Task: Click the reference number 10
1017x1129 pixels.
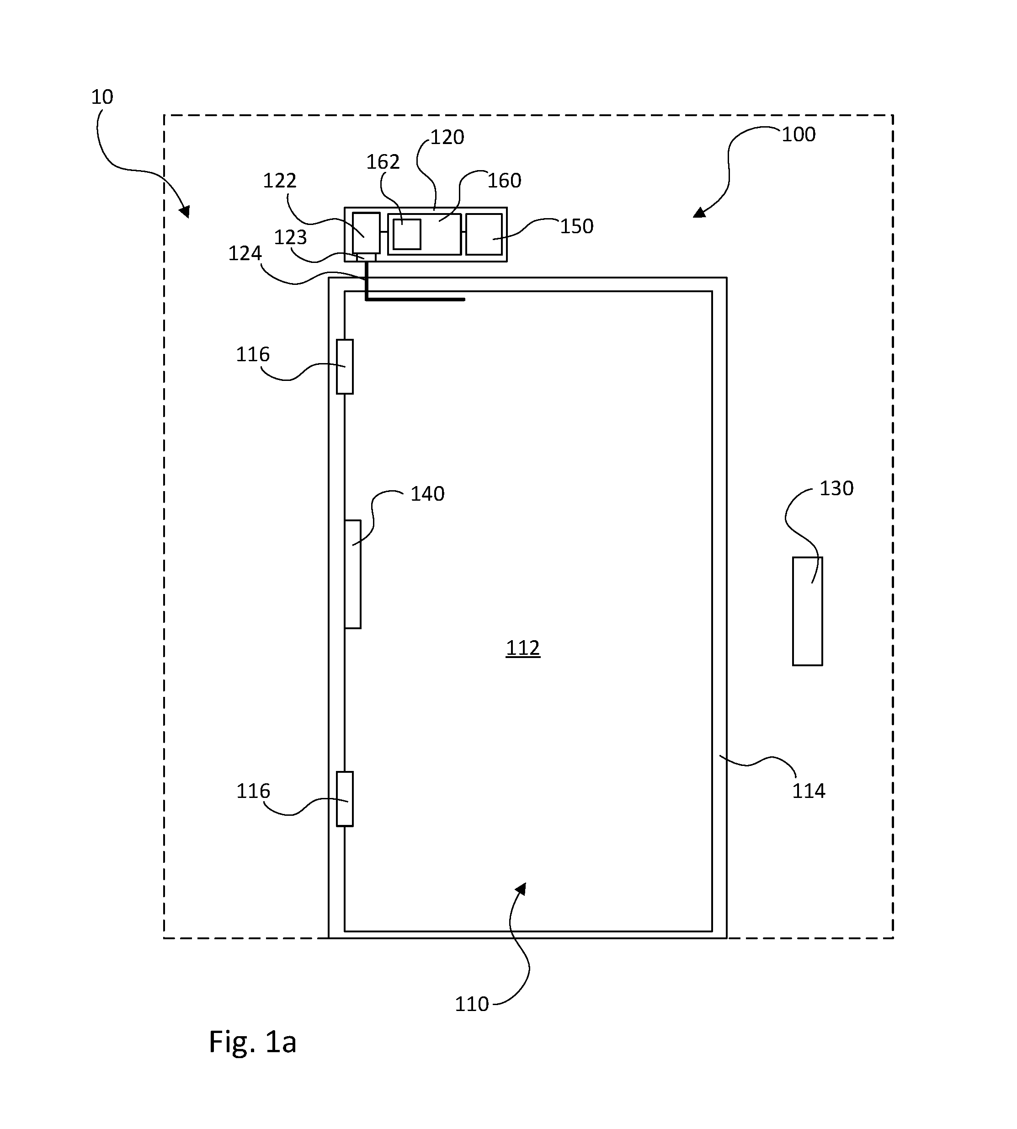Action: pos(102,97)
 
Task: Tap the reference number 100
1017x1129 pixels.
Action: pos(798,135)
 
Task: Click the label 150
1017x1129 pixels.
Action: pos(577,226)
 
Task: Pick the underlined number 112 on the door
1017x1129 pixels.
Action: pos(523,648)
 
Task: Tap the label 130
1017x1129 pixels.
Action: pos(836,488)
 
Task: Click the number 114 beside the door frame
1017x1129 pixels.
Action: pos(809,791)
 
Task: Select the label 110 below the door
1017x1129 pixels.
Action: pos(472,1004)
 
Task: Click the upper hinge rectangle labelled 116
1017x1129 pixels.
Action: pos(345,367)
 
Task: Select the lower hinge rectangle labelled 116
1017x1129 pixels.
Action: pos(345,799)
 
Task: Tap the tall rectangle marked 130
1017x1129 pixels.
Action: pos(808,611)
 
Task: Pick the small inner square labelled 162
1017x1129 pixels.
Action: pos(407,234)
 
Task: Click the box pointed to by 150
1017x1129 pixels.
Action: pos(484,234)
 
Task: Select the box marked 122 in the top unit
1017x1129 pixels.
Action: pos(366,233)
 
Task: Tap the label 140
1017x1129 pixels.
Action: pos(427,494)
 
